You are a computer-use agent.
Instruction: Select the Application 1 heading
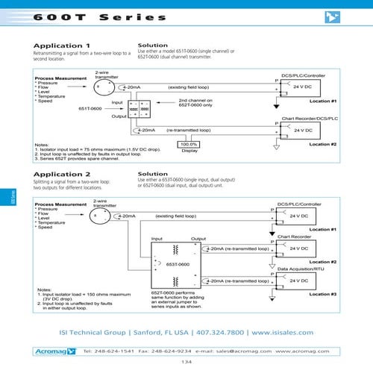[x=62, y=46]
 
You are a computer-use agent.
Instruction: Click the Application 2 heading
[x=62, y=174]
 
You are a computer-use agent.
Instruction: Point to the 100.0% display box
[x=189, y=144]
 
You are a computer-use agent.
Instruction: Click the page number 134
[x=186, y=362]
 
